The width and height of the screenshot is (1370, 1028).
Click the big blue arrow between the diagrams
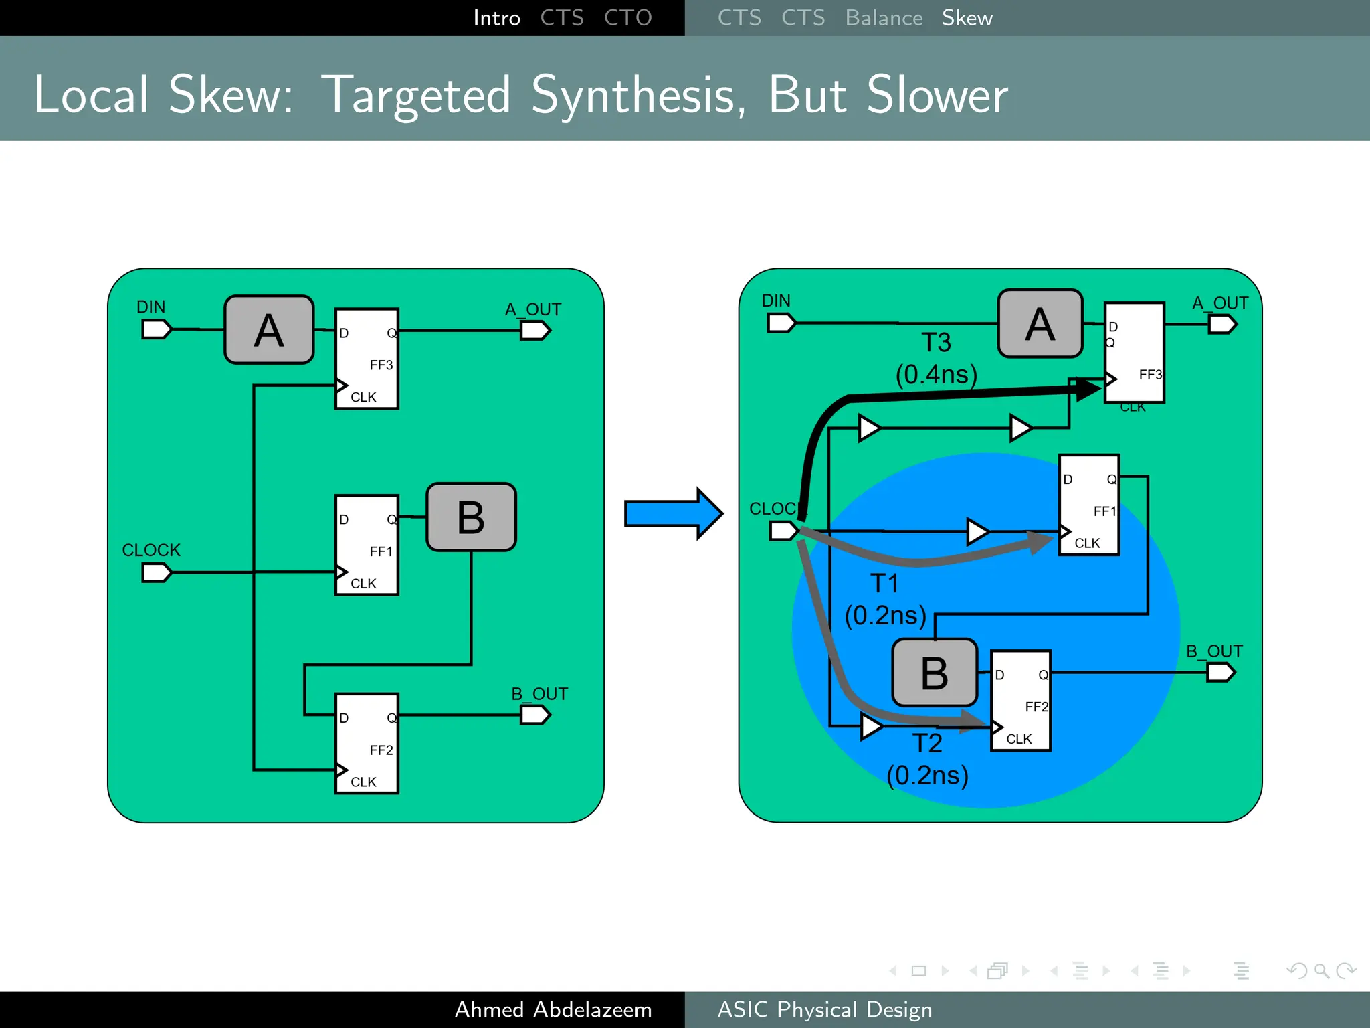(x=672, y=513)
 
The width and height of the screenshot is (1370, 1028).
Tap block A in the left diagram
(x=269, y=330)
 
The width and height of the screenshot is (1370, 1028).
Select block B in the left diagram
(x=471, y=517)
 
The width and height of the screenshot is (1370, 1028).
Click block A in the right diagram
(x=1040, y=324)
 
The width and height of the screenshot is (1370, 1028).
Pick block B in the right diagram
(x=935, y=673)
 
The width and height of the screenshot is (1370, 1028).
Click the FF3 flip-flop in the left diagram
(x=367, y=359)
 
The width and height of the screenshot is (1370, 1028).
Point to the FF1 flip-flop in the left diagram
(x=367, y=545)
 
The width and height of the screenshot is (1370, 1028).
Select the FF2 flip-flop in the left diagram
(x=367, y=744)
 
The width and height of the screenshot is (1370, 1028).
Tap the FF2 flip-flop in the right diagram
(x=1021, y=701)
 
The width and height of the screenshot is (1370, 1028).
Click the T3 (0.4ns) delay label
(x=937, y=359)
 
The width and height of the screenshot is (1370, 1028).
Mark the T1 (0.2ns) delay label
(x=885, y=600)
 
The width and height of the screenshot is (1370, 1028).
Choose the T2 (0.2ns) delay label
(x=928, y=760)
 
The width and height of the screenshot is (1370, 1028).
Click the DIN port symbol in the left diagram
(x=157, y=329)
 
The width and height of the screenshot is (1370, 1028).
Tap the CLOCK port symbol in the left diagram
(x=157, y=572)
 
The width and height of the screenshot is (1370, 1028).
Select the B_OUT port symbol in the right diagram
(x=1220, y=672)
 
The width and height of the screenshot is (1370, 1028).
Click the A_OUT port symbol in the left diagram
(x=535, y=331)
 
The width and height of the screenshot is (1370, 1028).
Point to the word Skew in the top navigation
(x=967, y=18)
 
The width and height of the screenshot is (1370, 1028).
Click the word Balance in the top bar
(x=884, y=18)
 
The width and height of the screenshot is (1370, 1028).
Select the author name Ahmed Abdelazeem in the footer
(x=553, y=1009)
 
